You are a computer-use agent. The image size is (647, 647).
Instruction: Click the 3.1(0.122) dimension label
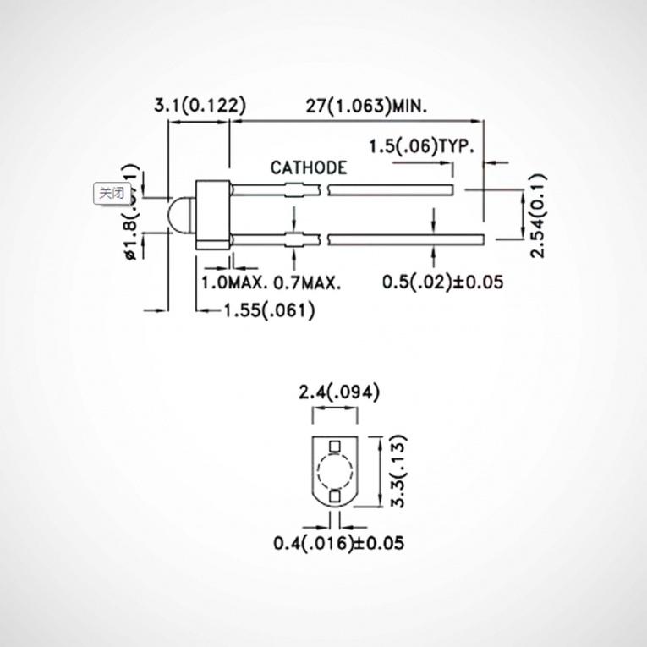tap(199, 105)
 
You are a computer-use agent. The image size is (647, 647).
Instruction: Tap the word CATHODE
tap(308, 167)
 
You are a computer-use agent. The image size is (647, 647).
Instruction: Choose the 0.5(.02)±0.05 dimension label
tap(442, 282)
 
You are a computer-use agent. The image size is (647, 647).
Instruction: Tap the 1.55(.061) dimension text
tap(270, 310)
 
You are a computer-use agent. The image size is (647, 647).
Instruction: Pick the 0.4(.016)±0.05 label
tap(338, 542)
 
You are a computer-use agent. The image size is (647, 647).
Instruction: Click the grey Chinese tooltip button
tap(111, 194)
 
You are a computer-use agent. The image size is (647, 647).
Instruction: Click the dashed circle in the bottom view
tap(336, 470)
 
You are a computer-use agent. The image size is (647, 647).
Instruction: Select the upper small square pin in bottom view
tap(336, 445)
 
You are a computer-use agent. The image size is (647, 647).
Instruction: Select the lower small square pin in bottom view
tap(336, 496)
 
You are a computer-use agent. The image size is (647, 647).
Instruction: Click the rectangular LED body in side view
tap(212, 215)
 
